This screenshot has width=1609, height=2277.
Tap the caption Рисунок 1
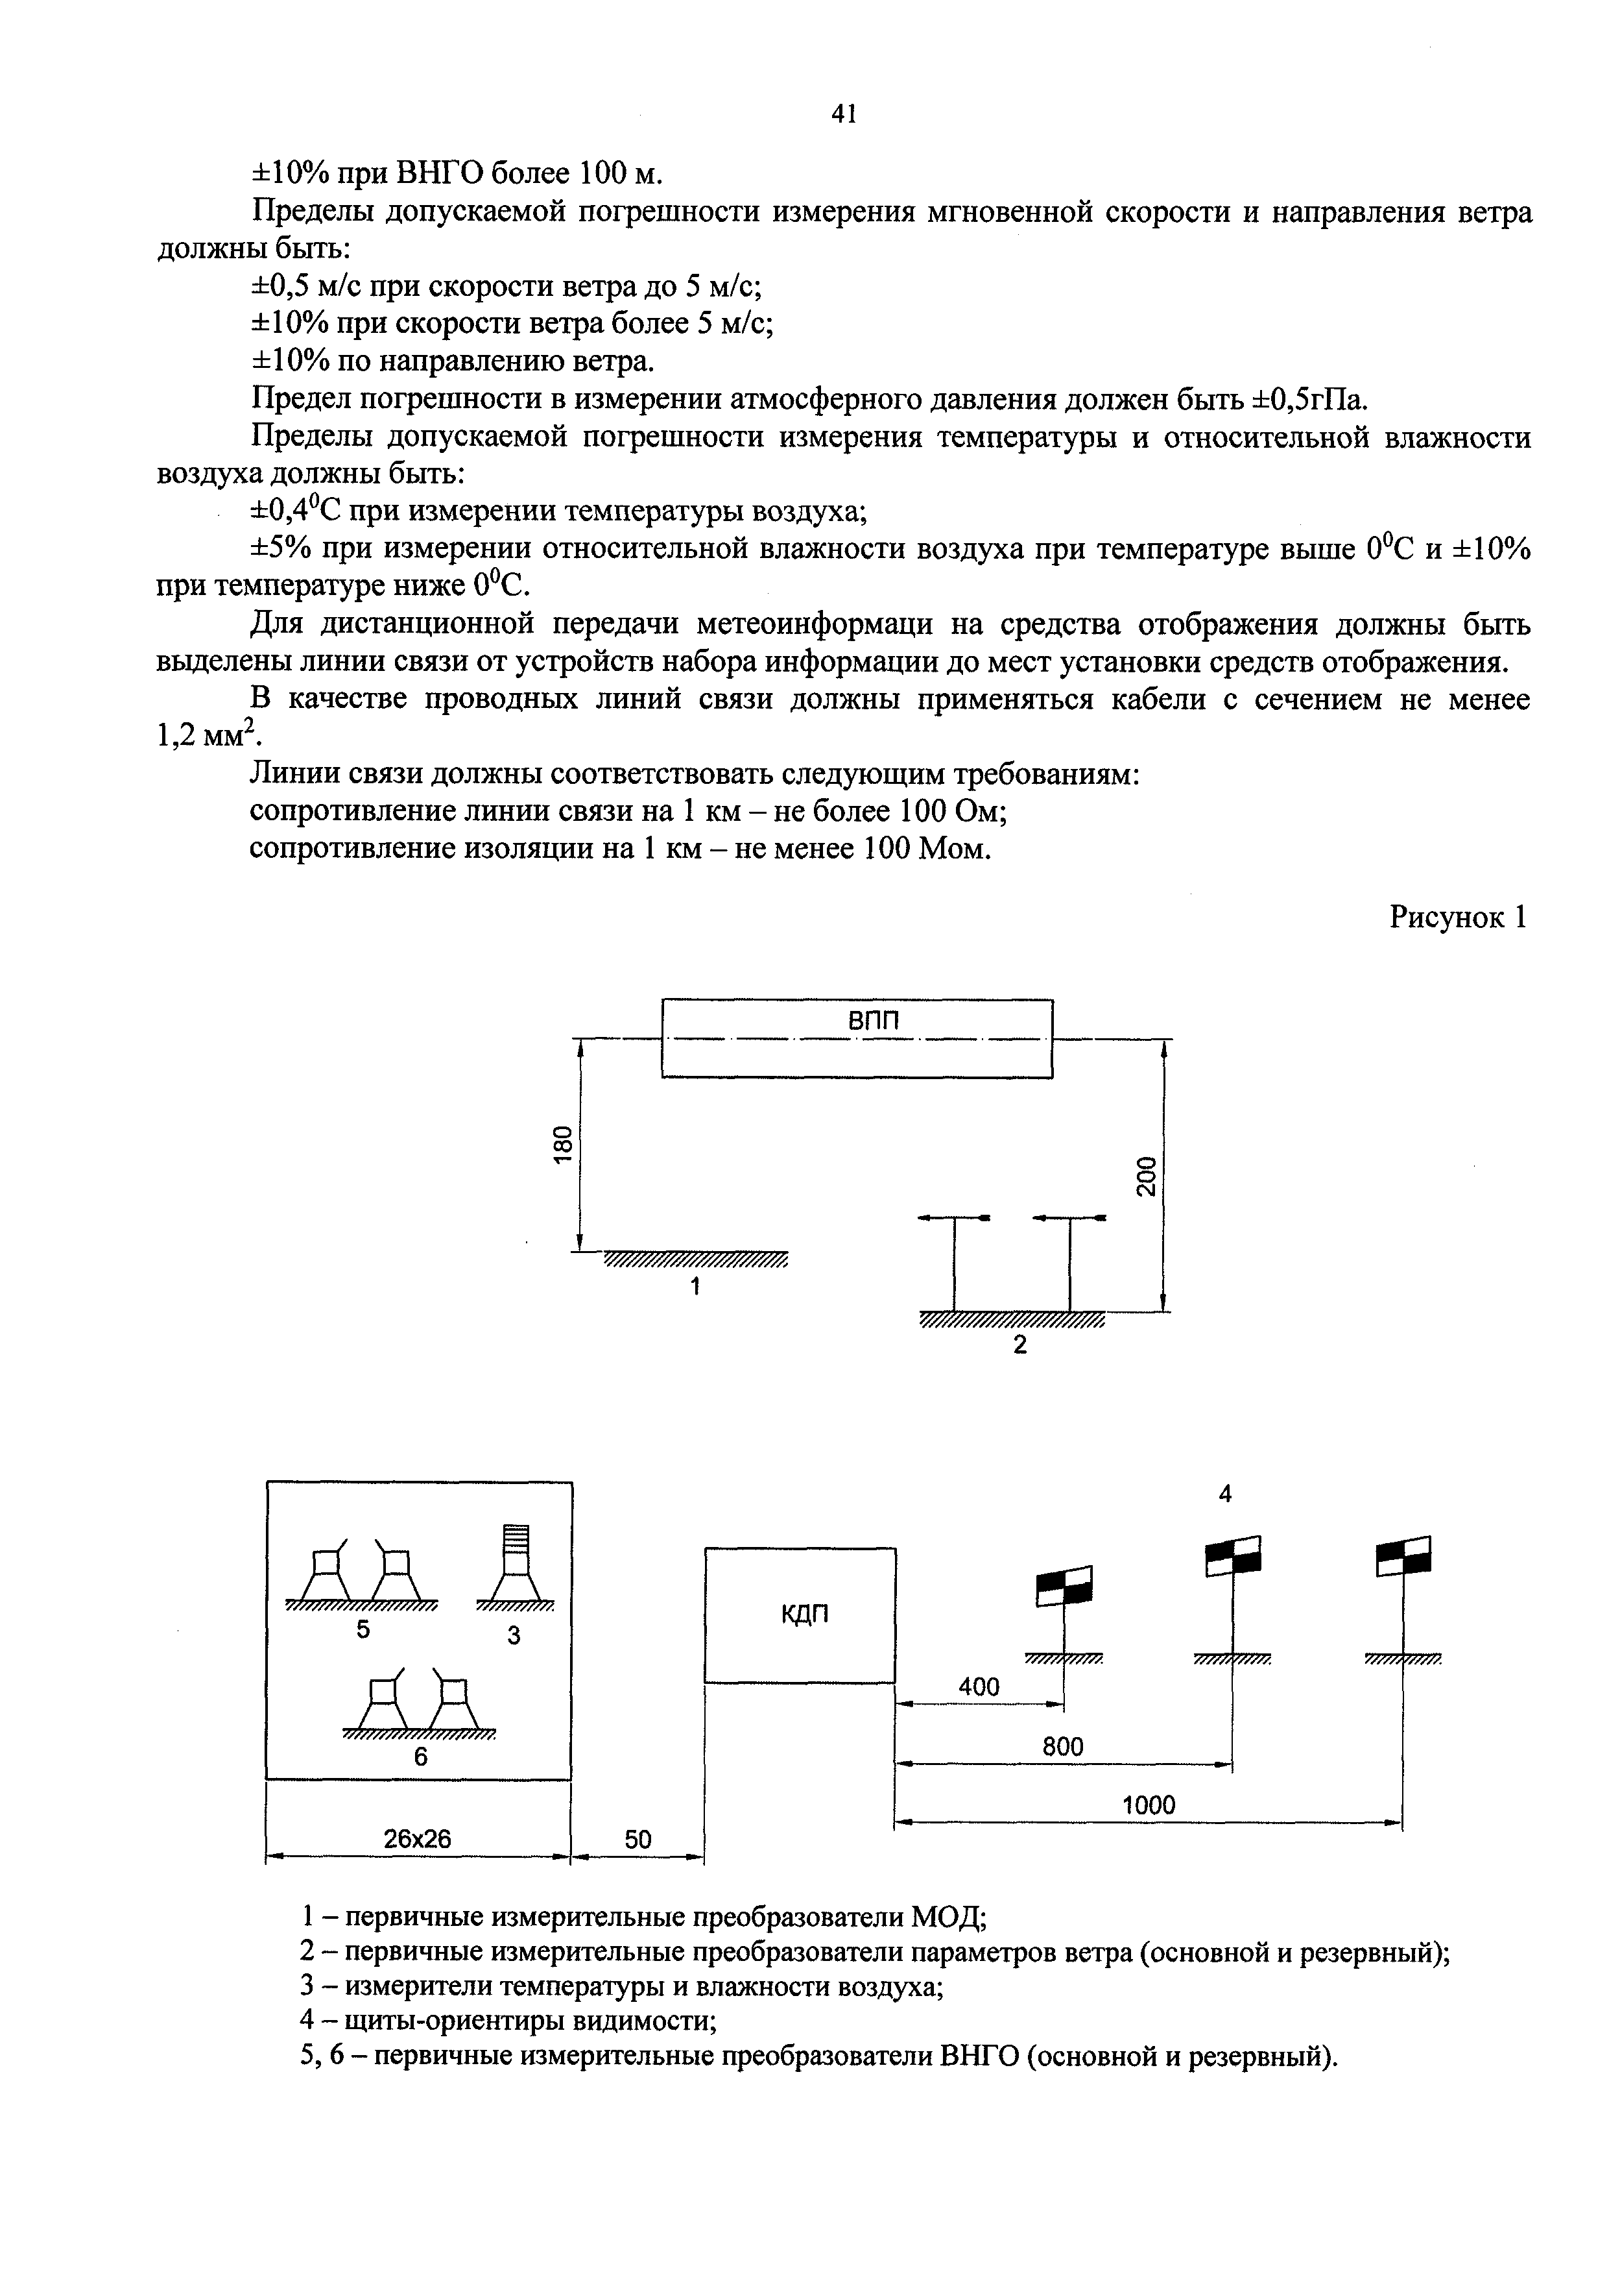(1459, 918)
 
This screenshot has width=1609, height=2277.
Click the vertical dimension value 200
(1146, 1176)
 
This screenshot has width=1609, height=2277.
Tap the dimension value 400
(979, 1686)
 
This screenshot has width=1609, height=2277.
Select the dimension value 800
(1063, 1746)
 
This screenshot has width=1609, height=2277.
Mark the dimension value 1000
(1148, 1805)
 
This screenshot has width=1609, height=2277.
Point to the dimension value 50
(638, 1840)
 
